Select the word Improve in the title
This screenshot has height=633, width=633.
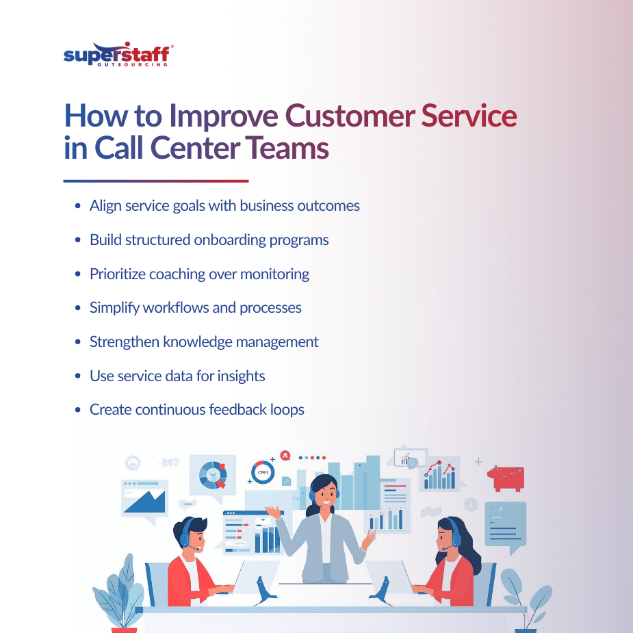tap(225, 116)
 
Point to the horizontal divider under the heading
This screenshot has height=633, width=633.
tap(156, 181)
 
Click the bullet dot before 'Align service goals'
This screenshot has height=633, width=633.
tap(77, 206)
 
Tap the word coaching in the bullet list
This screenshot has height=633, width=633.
tap(169, 274)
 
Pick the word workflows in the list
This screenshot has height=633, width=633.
tap(175, 308)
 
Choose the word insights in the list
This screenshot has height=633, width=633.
tap(239, 376)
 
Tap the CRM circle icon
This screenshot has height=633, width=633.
tap(262, 472)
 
